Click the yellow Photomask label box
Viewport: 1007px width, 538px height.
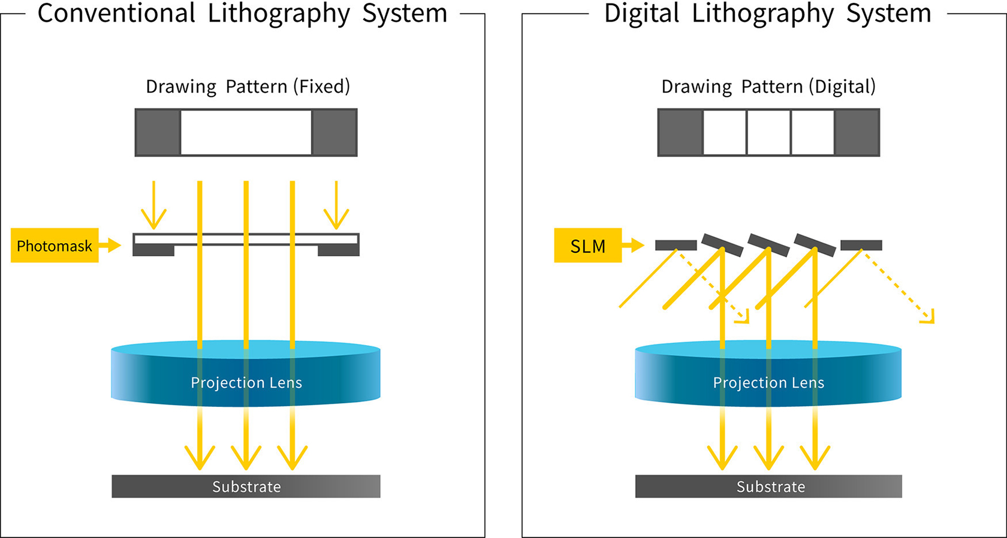[x=54, y=246]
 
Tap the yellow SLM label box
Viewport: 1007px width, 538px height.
[x=587, y=246]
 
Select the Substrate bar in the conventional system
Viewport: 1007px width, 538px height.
[x=246, y=486]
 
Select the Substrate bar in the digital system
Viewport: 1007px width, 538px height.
[x=768, y=486]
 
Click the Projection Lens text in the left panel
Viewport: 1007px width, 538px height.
[x=246, y=383]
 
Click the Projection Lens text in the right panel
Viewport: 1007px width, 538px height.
[x=768, y=383]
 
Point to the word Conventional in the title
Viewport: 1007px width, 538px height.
[x=116, y=13]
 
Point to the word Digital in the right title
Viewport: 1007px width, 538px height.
[x=642, y=13]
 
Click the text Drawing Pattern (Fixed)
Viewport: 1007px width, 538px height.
[x=248, y=87]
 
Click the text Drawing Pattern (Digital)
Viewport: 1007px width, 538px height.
[x=768, y=87]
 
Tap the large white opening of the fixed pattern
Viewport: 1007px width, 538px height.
[x=246, y=132]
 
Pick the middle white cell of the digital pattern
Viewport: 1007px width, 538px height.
[x=768, y=132]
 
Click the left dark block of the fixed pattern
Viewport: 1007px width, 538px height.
[x=158, y=132]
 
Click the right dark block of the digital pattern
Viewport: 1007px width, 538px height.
[x=857, y=132]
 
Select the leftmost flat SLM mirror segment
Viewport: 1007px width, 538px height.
[x=676, y=245]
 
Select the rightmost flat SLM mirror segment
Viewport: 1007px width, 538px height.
[x=861, y=245]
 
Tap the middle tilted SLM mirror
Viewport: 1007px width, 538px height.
[x=768, y=245]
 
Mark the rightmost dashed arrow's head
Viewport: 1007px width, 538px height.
[x=929, y=318]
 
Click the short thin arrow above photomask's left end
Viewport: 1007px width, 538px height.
[x=153, y=207]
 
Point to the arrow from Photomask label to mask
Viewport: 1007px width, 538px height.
[x=110, y=245]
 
